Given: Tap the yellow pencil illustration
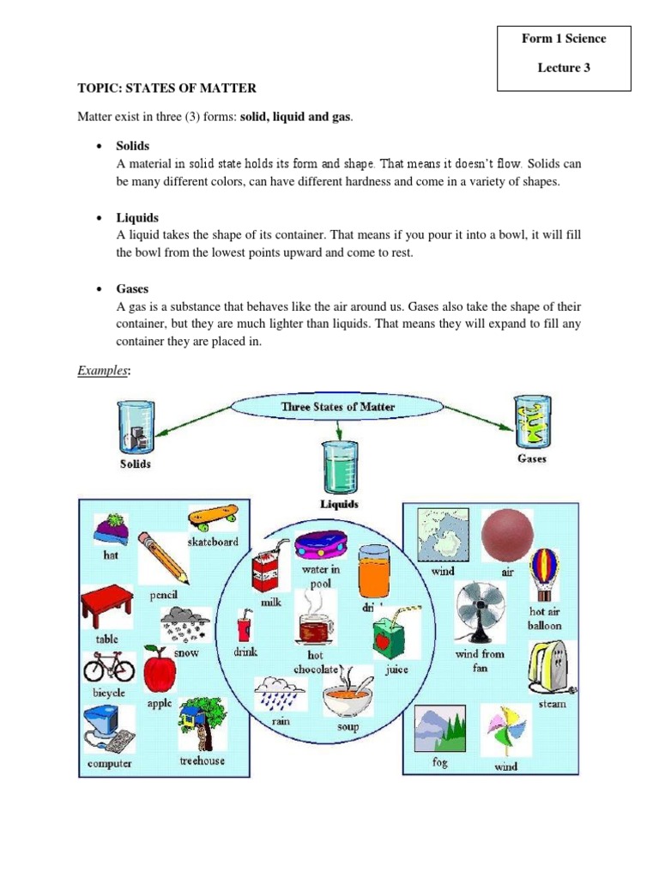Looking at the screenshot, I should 162,557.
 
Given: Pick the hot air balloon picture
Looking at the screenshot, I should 545,574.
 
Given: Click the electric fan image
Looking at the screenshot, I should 475,610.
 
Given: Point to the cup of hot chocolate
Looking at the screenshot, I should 315,628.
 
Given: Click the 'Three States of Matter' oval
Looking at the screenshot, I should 319,407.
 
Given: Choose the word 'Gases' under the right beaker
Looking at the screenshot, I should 532,458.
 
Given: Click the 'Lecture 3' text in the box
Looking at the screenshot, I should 564,68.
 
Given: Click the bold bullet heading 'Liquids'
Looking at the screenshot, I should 137,218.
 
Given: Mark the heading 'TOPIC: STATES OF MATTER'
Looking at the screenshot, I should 166,88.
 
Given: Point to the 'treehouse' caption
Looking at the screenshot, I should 203,761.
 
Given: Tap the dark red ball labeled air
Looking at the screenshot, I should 506,533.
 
